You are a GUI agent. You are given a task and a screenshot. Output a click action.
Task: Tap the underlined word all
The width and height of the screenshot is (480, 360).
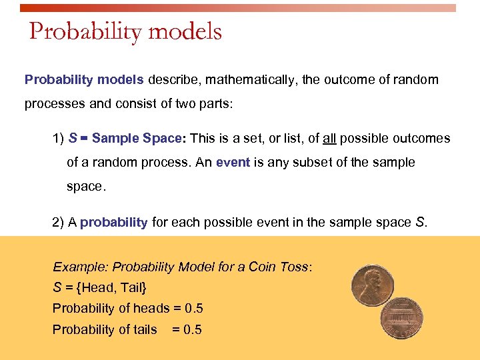[329, 139]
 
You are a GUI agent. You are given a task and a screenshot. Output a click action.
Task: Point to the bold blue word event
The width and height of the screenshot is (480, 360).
[233, 163]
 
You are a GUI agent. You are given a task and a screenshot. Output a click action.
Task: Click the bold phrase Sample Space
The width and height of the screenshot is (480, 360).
[137, 139]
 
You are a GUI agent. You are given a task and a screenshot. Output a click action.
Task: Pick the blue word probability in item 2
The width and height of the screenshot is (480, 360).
[114, 223]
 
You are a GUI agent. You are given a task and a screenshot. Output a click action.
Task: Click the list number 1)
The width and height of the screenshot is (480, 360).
[59, 139]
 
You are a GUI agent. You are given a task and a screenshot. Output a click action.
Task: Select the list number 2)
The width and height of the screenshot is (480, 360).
[59, 223]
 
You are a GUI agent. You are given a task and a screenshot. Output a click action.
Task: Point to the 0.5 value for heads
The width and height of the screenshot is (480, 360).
[194, 309]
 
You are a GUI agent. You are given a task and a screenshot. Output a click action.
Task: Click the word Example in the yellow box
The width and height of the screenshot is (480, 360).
[80, 267]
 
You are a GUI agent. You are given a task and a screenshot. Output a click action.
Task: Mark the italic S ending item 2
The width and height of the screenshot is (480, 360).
[420, 223]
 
